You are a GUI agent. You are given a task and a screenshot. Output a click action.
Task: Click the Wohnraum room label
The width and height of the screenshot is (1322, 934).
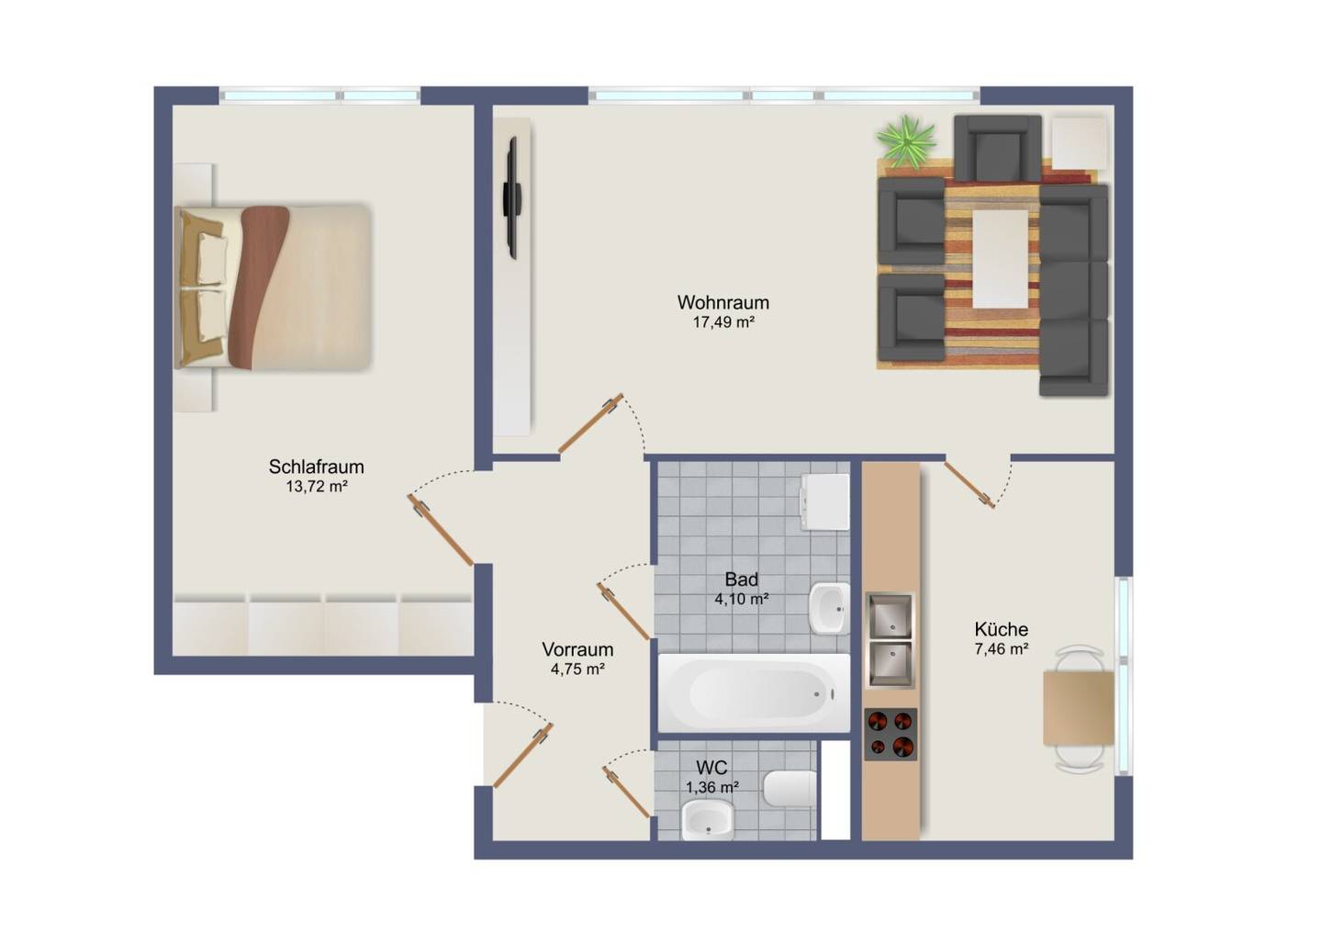(723, 302)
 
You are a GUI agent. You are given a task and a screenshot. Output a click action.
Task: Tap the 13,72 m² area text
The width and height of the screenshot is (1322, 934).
(317, 487)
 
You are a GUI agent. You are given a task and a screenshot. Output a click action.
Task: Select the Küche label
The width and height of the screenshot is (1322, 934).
(1002, 629)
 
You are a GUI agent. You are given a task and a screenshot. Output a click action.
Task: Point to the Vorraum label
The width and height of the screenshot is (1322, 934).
(577, 649)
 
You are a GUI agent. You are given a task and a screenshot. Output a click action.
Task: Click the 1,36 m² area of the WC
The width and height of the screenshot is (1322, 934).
(712, 787)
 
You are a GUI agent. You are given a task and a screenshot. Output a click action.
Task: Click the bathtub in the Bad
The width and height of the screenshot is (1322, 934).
(755, 692)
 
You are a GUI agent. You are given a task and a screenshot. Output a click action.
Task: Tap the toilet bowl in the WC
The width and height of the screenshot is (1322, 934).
(790, 788)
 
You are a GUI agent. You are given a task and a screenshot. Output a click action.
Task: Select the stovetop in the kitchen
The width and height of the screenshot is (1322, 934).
(891, 735)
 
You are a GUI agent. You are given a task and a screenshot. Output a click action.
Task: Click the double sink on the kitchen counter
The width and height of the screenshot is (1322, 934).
(890, 641)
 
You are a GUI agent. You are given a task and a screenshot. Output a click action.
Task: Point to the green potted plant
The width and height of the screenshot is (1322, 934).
(906, 142)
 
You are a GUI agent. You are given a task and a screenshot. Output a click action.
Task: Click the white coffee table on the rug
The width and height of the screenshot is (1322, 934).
(1001, 259)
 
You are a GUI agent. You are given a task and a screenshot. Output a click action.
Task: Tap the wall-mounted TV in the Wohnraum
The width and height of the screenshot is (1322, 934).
(511, 197)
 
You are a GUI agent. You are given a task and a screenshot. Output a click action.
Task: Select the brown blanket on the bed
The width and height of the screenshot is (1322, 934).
(260, 287)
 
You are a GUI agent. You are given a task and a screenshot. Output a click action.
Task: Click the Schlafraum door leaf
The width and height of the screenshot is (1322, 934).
(441, 530)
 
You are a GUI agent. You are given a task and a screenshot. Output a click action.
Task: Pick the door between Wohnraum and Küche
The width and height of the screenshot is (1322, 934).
(969, 484)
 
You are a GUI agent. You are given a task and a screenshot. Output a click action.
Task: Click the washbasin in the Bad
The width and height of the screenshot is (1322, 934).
(829, 608)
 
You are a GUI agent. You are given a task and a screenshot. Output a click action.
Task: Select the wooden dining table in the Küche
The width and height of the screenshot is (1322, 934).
(1079, 708)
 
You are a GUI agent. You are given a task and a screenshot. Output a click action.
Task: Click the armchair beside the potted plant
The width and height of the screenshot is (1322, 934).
(997, 148)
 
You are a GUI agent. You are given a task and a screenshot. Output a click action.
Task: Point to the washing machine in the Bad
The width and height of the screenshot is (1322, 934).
(825, 501)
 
